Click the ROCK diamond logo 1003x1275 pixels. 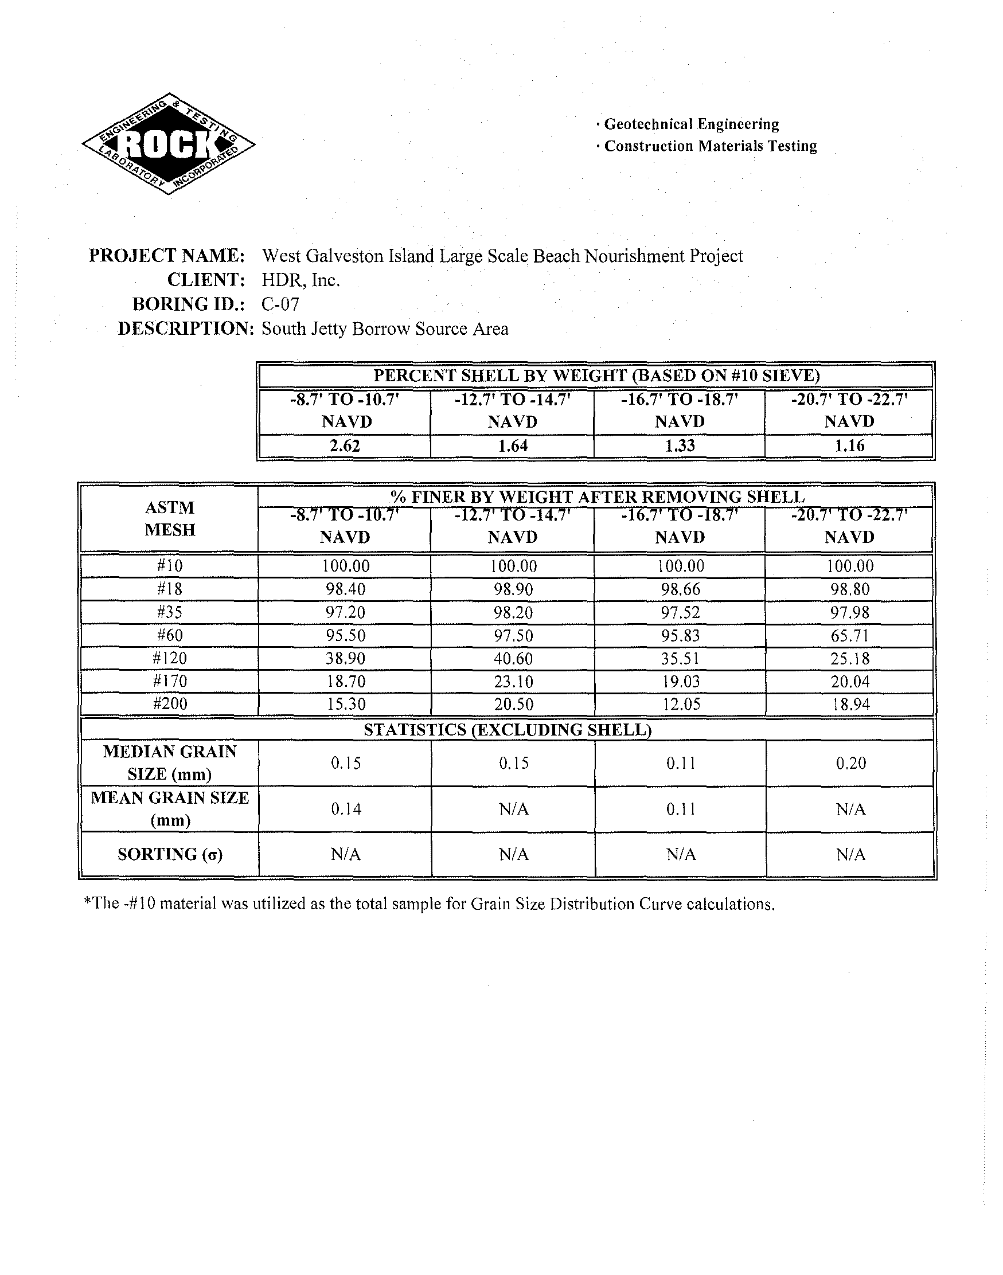pos(169,144)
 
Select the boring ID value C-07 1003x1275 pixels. pos(280,304)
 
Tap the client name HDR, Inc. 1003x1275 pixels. pos(300,280)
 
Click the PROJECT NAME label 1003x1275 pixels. pos(167,256)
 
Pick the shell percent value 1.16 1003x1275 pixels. pos(849,446)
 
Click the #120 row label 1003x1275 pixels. pos(170,658)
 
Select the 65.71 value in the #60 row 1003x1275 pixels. pos(849,635)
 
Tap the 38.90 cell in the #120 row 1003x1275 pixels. pos(345,658)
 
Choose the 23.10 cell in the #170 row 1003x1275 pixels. pos(513,681)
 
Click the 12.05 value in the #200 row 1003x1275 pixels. pos(681,704)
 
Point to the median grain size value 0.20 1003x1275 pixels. pos(850,763)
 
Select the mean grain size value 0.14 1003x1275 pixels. pos(345,809)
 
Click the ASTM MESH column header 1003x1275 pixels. pos(169,518)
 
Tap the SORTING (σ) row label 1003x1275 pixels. pos(170,854)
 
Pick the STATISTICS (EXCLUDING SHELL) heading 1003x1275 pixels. pos(508,729)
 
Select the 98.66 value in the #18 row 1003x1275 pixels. pos(681,589)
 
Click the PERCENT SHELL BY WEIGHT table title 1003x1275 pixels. pos(596,376)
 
